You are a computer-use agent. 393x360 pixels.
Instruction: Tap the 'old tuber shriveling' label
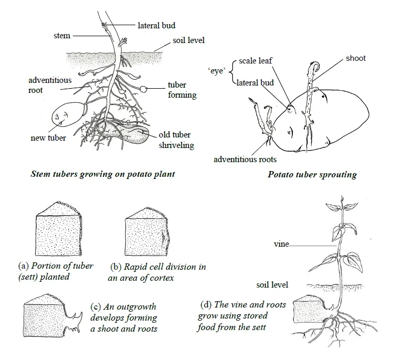177,140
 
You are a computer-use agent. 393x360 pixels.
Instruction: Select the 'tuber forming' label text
182,90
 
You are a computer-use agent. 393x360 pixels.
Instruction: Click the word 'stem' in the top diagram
62,36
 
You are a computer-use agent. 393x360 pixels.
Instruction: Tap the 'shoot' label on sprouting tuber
355,58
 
